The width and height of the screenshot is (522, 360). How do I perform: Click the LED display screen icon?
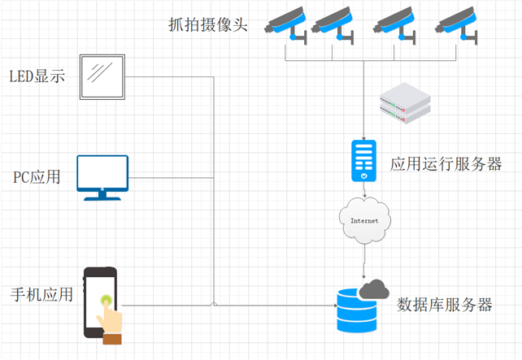click(102, 76)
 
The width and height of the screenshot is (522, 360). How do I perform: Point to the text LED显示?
click(37, 77)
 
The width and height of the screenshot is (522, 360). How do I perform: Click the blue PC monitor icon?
click(102, 177)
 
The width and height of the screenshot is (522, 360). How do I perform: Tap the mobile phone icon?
click(100, 301)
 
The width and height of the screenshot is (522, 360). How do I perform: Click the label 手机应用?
click(41, 294)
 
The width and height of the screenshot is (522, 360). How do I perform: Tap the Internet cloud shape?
click(363, 221)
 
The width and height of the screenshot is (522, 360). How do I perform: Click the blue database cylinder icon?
click(357, 310)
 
